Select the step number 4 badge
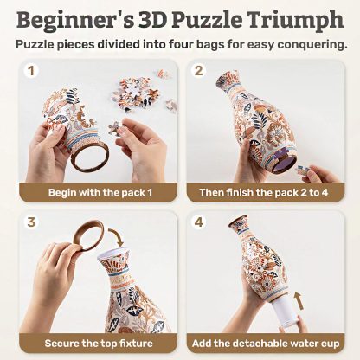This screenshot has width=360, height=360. (198, 222)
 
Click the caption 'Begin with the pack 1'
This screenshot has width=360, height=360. (96, 190)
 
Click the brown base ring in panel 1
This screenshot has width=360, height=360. (87, 159)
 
